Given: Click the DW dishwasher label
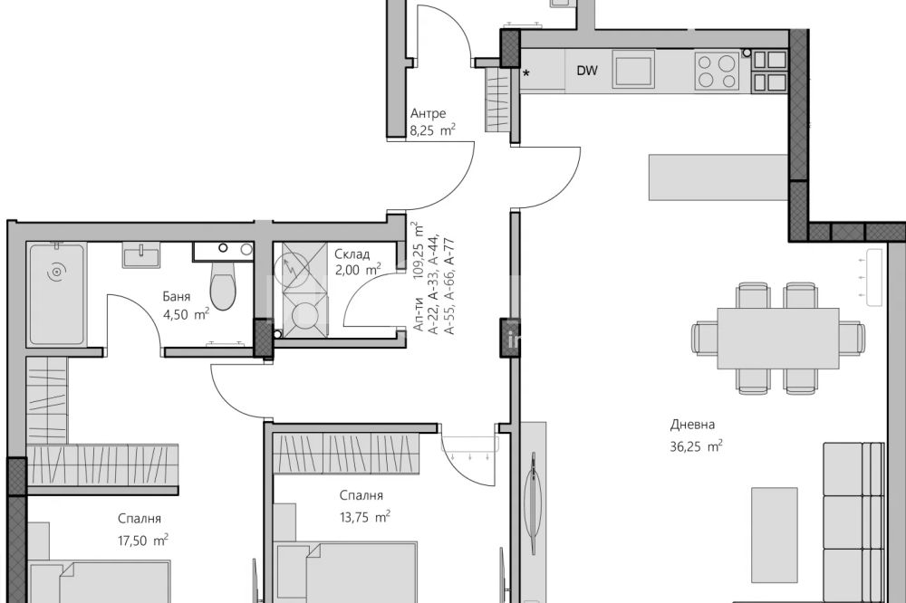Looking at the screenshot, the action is [x=586, y=71].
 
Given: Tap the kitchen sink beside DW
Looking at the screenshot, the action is [x=633, y=70].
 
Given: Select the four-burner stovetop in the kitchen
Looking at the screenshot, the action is [x=717, y=71].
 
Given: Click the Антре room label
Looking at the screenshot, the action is [x=428, y=113].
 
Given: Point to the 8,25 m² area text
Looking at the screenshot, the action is [x=432, y=130].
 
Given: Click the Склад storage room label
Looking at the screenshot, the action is [x=352, y=254].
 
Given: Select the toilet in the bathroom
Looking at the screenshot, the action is [x=223, y=286].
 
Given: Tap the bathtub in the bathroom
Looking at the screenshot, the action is [x=56, y=294].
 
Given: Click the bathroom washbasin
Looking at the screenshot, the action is [x=141, y=254].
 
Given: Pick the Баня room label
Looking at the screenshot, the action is [x=177, y=297].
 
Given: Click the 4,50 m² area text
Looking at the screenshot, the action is [x=186, y=314].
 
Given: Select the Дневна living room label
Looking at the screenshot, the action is [x=692, y=425].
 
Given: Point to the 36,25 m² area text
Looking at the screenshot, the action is [x=696, y=445].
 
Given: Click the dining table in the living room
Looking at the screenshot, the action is [x=777, y=338].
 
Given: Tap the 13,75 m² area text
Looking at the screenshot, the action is [x=364, y=516].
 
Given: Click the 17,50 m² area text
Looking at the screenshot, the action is [x=143, y=540].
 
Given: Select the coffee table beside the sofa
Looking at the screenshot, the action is [x=775, y=535].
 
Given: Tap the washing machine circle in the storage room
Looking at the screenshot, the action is [x=305, y=317].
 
